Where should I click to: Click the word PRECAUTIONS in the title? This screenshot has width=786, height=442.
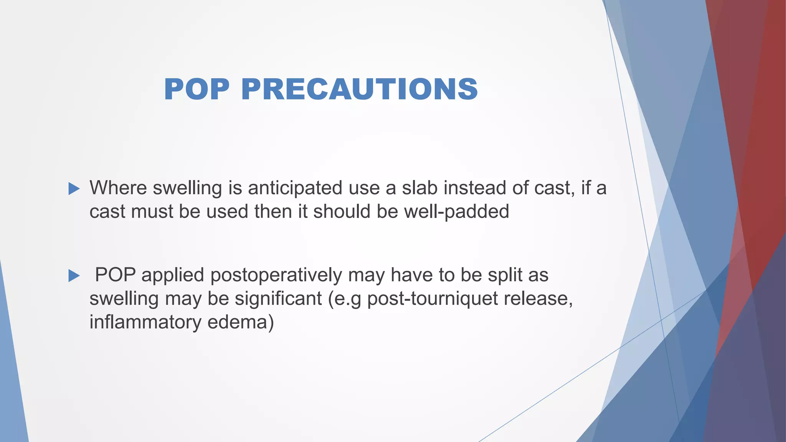click(359, 89)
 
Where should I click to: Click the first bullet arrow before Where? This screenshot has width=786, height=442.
click(74, 188)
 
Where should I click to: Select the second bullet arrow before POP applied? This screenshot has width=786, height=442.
click(74, 275)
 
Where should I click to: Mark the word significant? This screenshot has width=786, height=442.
click(278, 299)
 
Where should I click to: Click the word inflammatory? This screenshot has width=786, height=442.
click(145, 322)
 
